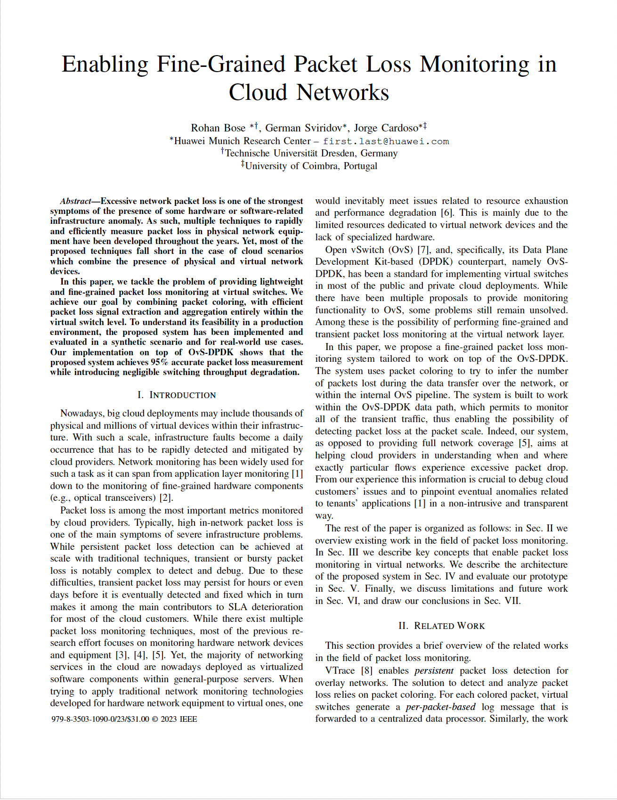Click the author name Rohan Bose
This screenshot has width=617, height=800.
(218, 128)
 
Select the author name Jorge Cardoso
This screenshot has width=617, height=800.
(386, 128)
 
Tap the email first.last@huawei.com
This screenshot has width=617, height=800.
(386, 141)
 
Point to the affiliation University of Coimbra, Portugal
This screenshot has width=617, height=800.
(311, 166)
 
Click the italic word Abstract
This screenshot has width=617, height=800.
(75, 201)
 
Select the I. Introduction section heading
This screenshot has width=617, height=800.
(177, 395)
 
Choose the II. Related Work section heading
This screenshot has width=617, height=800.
(441, 626)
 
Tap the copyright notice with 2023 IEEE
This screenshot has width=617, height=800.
(124, 719)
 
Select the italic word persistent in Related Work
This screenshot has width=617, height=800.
(434, 671)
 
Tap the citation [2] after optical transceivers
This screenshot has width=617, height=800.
(166, 498)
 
